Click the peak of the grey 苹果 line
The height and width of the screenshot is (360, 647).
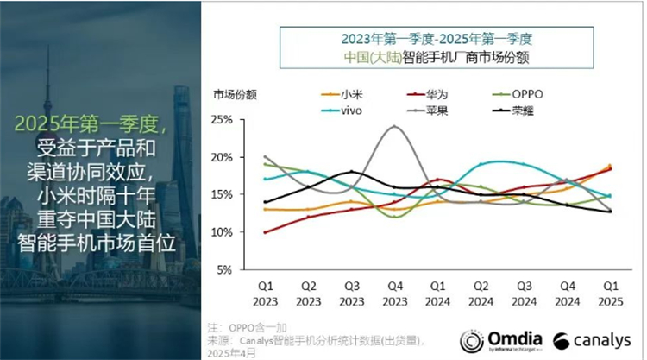pos(394,127)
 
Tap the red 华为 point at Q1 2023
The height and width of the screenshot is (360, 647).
pos(265,232)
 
